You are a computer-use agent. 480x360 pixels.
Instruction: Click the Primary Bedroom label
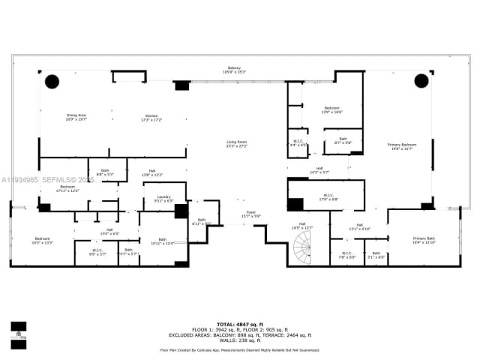coord(402,146)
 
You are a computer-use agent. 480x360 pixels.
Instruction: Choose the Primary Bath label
coord(423,241)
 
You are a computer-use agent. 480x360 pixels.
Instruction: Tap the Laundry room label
coord(163,199)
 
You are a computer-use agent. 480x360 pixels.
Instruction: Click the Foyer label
coord(250,214)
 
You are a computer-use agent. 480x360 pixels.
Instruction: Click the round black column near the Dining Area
coord(52,81)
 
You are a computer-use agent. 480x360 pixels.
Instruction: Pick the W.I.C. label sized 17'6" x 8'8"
coord(328,198)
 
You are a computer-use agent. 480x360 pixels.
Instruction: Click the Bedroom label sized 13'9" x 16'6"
coord(332,110)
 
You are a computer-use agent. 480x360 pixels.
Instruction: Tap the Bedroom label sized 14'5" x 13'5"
coord(42,241)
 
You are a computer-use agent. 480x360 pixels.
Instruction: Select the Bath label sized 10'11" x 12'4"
coord(162,241)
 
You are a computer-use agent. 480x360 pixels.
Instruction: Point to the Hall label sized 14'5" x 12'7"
coord(302,225)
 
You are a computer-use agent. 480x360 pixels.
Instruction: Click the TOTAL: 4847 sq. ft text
coord(239,322)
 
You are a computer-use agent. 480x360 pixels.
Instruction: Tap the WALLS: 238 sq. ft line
coord(239,340)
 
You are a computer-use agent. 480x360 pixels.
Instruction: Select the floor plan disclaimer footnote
coord(239,349)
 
